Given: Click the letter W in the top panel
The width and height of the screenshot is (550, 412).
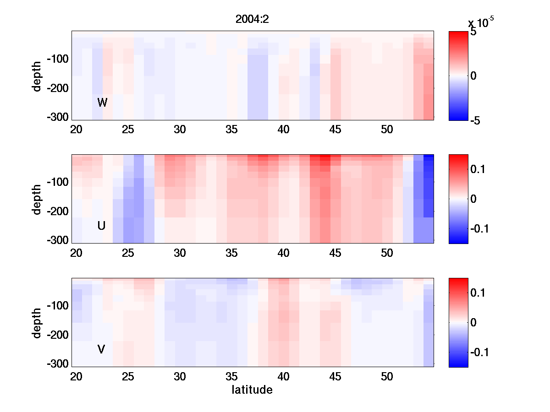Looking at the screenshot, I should [x=102, y=103].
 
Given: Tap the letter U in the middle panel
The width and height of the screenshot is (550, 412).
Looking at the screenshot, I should [x=102, y=226].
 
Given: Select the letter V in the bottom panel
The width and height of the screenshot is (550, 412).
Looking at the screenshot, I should [x=102, y=349].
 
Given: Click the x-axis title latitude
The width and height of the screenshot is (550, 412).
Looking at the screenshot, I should [x=252, y=390].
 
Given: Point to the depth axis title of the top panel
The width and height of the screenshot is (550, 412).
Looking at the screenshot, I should [x=37, y=76].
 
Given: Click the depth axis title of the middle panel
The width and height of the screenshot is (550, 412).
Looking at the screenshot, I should [x=37, y=199].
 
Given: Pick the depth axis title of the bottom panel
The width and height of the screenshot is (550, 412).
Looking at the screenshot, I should [x=37, y=323].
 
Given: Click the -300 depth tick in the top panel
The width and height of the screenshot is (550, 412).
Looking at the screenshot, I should [x=57, y=117].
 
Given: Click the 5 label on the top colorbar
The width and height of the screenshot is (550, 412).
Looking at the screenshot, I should [x=473, y=33].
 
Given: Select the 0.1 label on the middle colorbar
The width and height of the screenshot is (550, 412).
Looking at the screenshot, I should [x=478, y=170].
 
